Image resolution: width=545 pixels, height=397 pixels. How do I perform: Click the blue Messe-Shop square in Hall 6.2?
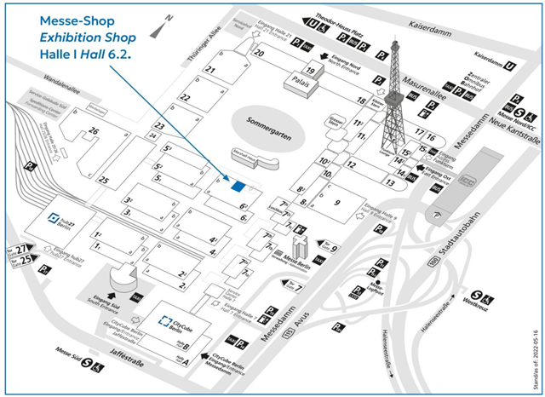238,186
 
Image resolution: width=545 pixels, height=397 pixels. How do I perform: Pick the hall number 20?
259,53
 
